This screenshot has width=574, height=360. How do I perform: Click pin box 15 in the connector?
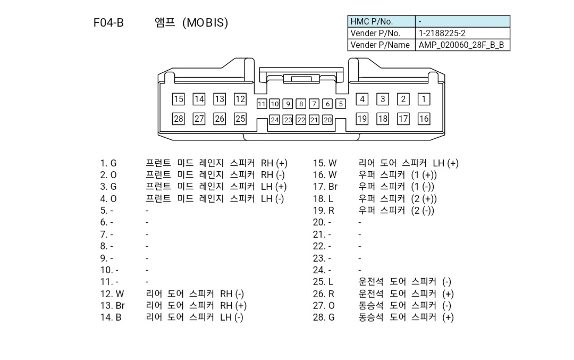pos(179,99)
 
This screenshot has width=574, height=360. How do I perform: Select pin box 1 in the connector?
pos(424,99)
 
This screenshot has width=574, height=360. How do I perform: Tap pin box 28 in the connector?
pos(179,119)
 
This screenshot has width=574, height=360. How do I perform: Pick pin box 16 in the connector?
pos(424,119)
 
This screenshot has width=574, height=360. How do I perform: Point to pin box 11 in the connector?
pos(261,104)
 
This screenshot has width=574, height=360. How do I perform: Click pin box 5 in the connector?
pos(341,104)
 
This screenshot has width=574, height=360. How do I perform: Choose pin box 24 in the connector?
pos(274,120)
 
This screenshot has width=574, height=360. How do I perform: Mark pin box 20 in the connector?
pos(327,120)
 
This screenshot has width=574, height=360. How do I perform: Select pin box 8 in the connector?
pos(301,104)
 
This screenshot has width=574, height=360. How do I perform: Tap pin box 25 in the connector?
pos(240,119)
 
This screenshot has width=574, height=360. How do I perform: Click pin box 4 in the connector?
pos(362,99)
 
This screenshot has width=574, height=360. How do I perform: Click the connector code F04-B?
pos(108,23)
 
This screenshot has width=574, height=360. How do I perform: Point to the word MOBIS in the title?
pos(205,23)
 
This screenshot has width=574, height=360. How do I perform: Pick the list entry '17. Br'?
pos(325,187)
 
